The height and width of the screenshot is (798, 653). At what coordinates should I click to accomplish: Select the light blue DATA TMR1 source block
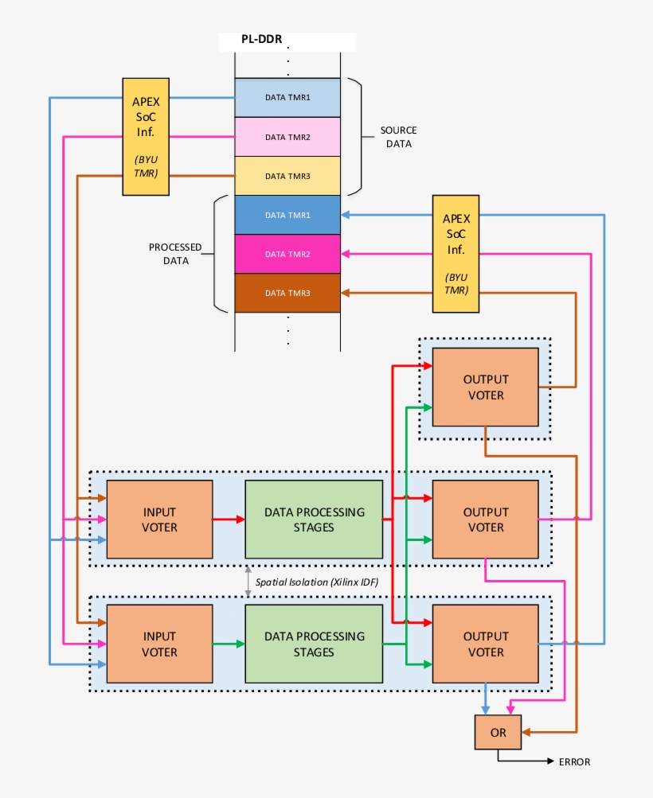[287, 97]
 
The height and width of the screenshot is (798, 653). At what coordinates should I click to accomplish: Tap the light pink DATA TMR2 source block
[287, 137]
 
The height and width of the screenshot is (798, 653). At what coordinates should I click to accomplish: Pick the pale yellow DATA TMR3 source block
[287, 176]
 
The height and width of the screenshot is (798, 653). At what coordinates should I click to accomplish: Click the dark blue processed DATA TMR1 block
[287, 215]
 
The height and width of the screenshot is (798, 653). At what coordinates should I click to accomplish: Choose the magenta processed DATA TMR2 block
[287, 254]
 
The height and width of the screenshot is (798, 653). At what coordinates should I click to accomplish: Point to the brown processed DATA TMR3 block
[287, 293]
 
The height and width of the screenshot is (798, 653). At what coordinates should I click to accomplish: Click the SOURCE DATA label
[398, 137]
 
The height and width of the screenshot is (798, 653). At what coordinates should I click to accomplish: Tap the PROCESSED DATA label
[175, 254]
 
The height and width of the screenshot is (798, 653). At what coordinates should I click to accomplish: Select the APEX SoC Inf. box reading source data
[145, 136]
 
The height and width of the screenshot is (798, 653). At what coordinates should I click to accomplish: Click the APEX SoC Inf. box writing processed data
[456, 254]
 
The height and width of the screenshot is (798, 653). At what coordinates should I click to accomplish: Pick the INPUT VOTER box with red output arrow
[159, 519]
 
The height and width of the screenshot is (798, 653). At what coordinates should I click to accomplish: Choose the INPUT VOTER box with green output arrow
[159, 644]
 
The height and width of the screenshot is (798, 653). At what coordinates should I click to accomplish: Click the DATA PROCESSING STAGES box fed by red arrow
[314, 519]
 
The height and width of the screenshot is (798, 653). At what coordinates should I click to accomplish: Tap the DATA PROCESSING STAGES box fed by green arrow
[314, 644]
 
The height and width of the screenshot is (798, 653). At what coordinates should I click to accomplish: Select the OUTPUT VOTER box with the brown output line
[485, 387]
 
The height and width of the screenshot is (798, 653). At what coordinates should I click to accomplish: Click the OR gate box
[498, 732]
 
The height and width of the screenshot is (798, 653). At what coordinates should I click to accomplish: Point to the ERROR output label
[574, 762]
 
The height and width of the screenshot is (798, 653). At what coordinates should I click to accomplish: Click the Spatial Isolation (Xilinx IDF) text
[316, 582]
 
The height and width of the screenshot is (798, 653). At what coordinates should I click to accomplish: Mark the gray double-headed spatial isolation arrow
[248, 582]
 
